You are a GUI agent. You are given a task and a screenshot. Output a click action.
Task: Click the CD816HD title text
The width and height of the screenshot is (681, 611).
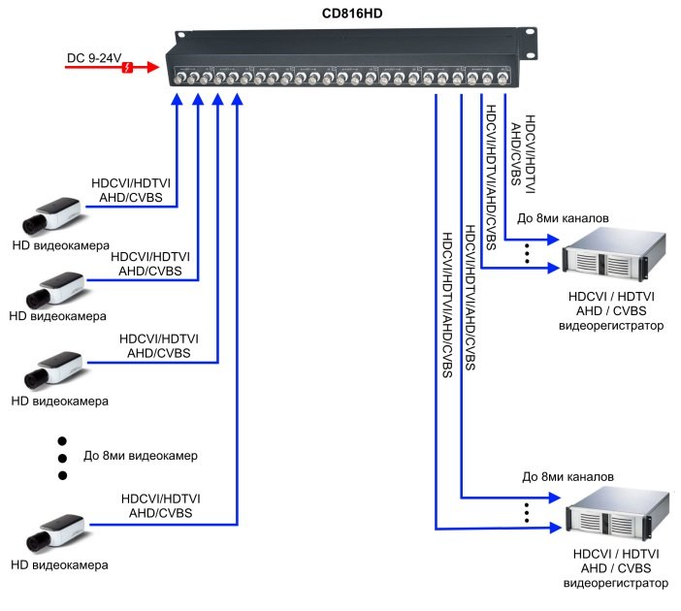[350, 14]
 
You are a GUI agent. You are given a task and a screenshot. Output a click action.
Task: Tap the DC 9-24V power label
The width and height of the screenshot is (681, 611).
[95, 60]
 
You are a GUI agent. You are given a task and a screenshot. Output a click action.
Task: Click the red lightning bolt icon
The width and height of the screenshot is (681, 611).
[127, 67]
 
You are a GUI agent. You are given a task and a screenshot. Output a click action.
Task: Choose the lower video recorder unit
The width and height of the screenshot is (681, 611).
[614, 517]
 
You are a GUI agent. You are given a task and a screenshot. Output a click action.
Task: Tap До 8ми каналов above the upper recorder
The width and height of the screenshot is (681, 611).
[564, 218]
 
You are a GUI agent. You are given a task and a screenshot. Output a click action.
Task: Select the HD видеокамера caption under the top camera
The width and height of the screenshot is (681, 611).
[60, 246]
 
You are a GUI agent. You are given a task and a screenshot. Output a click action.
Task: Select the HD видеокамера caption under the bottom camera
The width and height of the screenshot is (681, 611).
[60, 564]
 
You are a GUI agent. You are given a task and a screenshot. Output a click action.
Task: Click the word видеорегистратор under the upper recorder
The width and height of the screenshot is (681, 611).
[612, 326]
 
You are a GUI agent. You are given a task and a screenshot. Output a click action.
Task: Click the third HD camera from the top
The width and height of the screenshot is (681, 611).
[57, 369]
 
